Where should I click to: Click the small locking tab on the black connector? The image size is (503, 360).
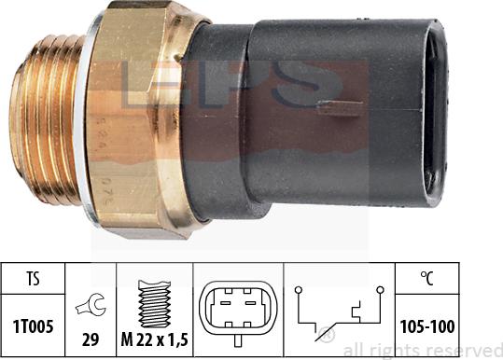coord(332,106)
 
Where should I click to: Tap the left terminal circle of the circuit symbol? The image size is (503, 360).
coord(300,291)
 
